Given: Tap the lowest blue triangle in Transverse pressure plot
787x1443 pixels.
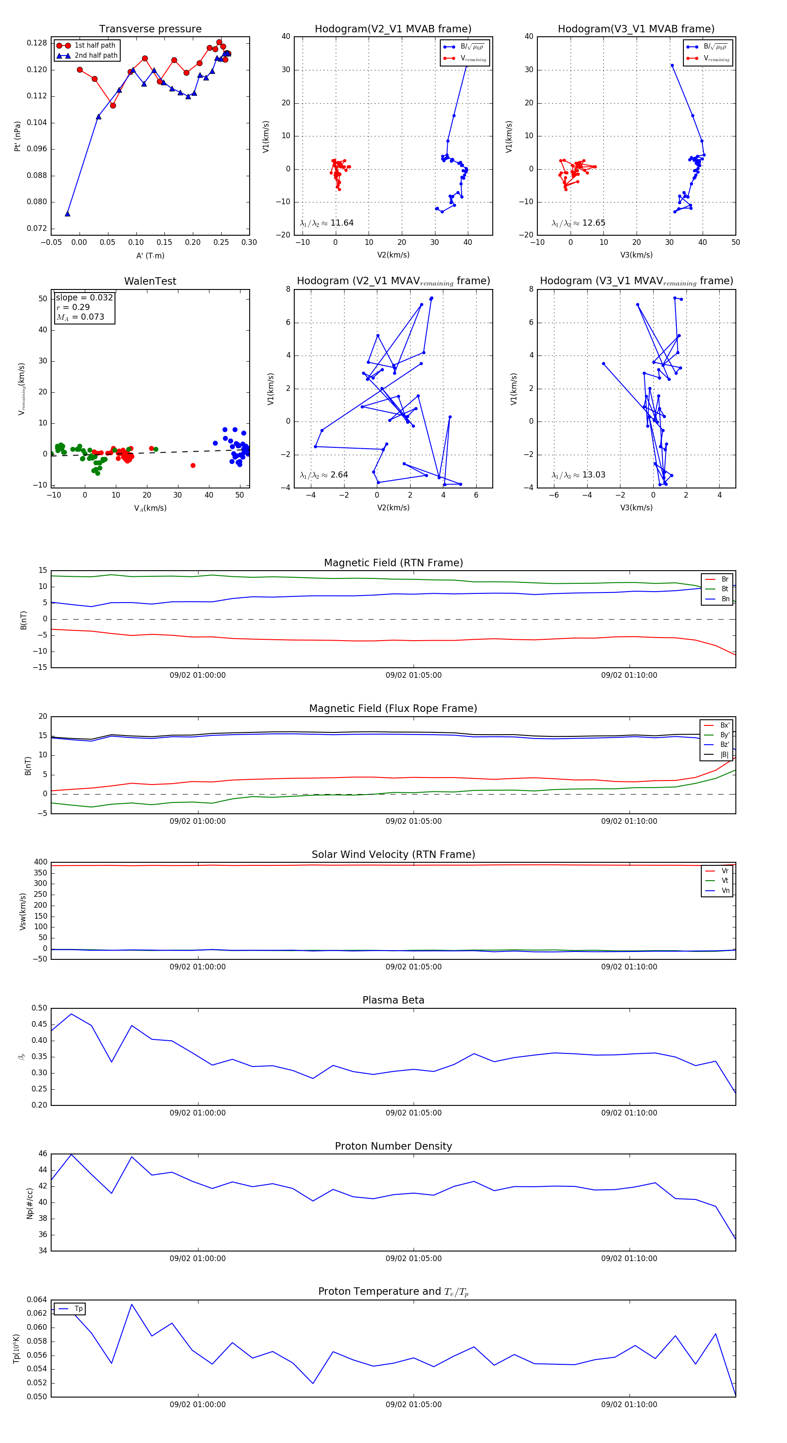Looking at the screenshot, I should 68,213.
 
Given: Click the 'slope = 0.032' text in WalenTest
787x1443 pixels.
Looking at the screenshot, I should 84,297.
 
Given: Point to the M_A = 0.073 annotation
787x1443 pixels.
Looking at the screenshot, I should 80,317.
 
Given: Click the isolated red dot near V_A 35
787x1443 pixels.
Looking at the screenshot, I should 193,466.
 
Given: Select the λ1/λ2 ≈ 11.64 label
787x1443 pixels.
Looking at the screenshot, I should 327,223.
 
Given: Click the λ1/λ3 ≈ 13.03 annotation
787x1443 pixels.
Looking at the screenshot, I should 578,475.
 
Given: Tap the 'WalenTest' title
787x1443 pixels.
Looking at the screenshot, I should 150,281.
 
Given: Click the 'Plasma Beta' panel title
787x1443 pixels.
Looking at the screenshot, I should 393,1000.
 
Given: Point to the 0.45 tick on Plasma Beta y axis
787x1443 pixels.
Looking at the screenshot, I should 39,1024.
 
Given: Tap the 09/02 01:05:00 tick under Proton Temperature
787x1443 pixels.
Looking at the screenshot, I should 413,1405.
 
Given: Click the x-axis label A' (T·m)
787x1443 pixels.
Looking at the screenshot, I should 150,256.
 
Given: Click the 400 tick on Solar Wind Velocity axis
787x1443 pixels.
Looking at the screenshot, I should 40,862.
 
